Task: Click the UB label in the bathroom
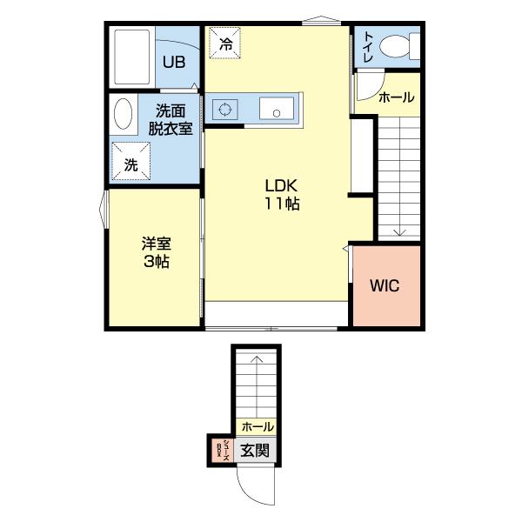(174, 62)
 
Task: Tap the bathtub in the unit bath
(132, 57)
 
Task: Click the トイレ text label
(368, 47)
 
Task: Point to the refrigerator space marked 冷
(225, 43)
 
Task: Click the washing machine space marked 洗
(130, 162)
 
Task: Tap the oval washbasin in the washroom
(123, 113)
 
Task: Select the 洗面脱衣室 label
(171, 120)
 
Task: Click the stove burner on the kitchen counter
(224, 109)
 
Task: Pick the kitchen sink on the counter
(277, 109)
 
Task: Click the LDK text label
(281, 186)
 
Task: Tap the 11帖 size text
(282, 204)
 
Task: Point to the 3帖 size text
(157, 262)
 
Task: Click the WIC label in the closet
(385, 285)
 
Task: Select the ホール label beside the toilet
(397, 97)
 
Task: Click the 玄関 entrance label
(255, 451)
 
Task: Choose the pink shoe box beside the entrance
(223, 451)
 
